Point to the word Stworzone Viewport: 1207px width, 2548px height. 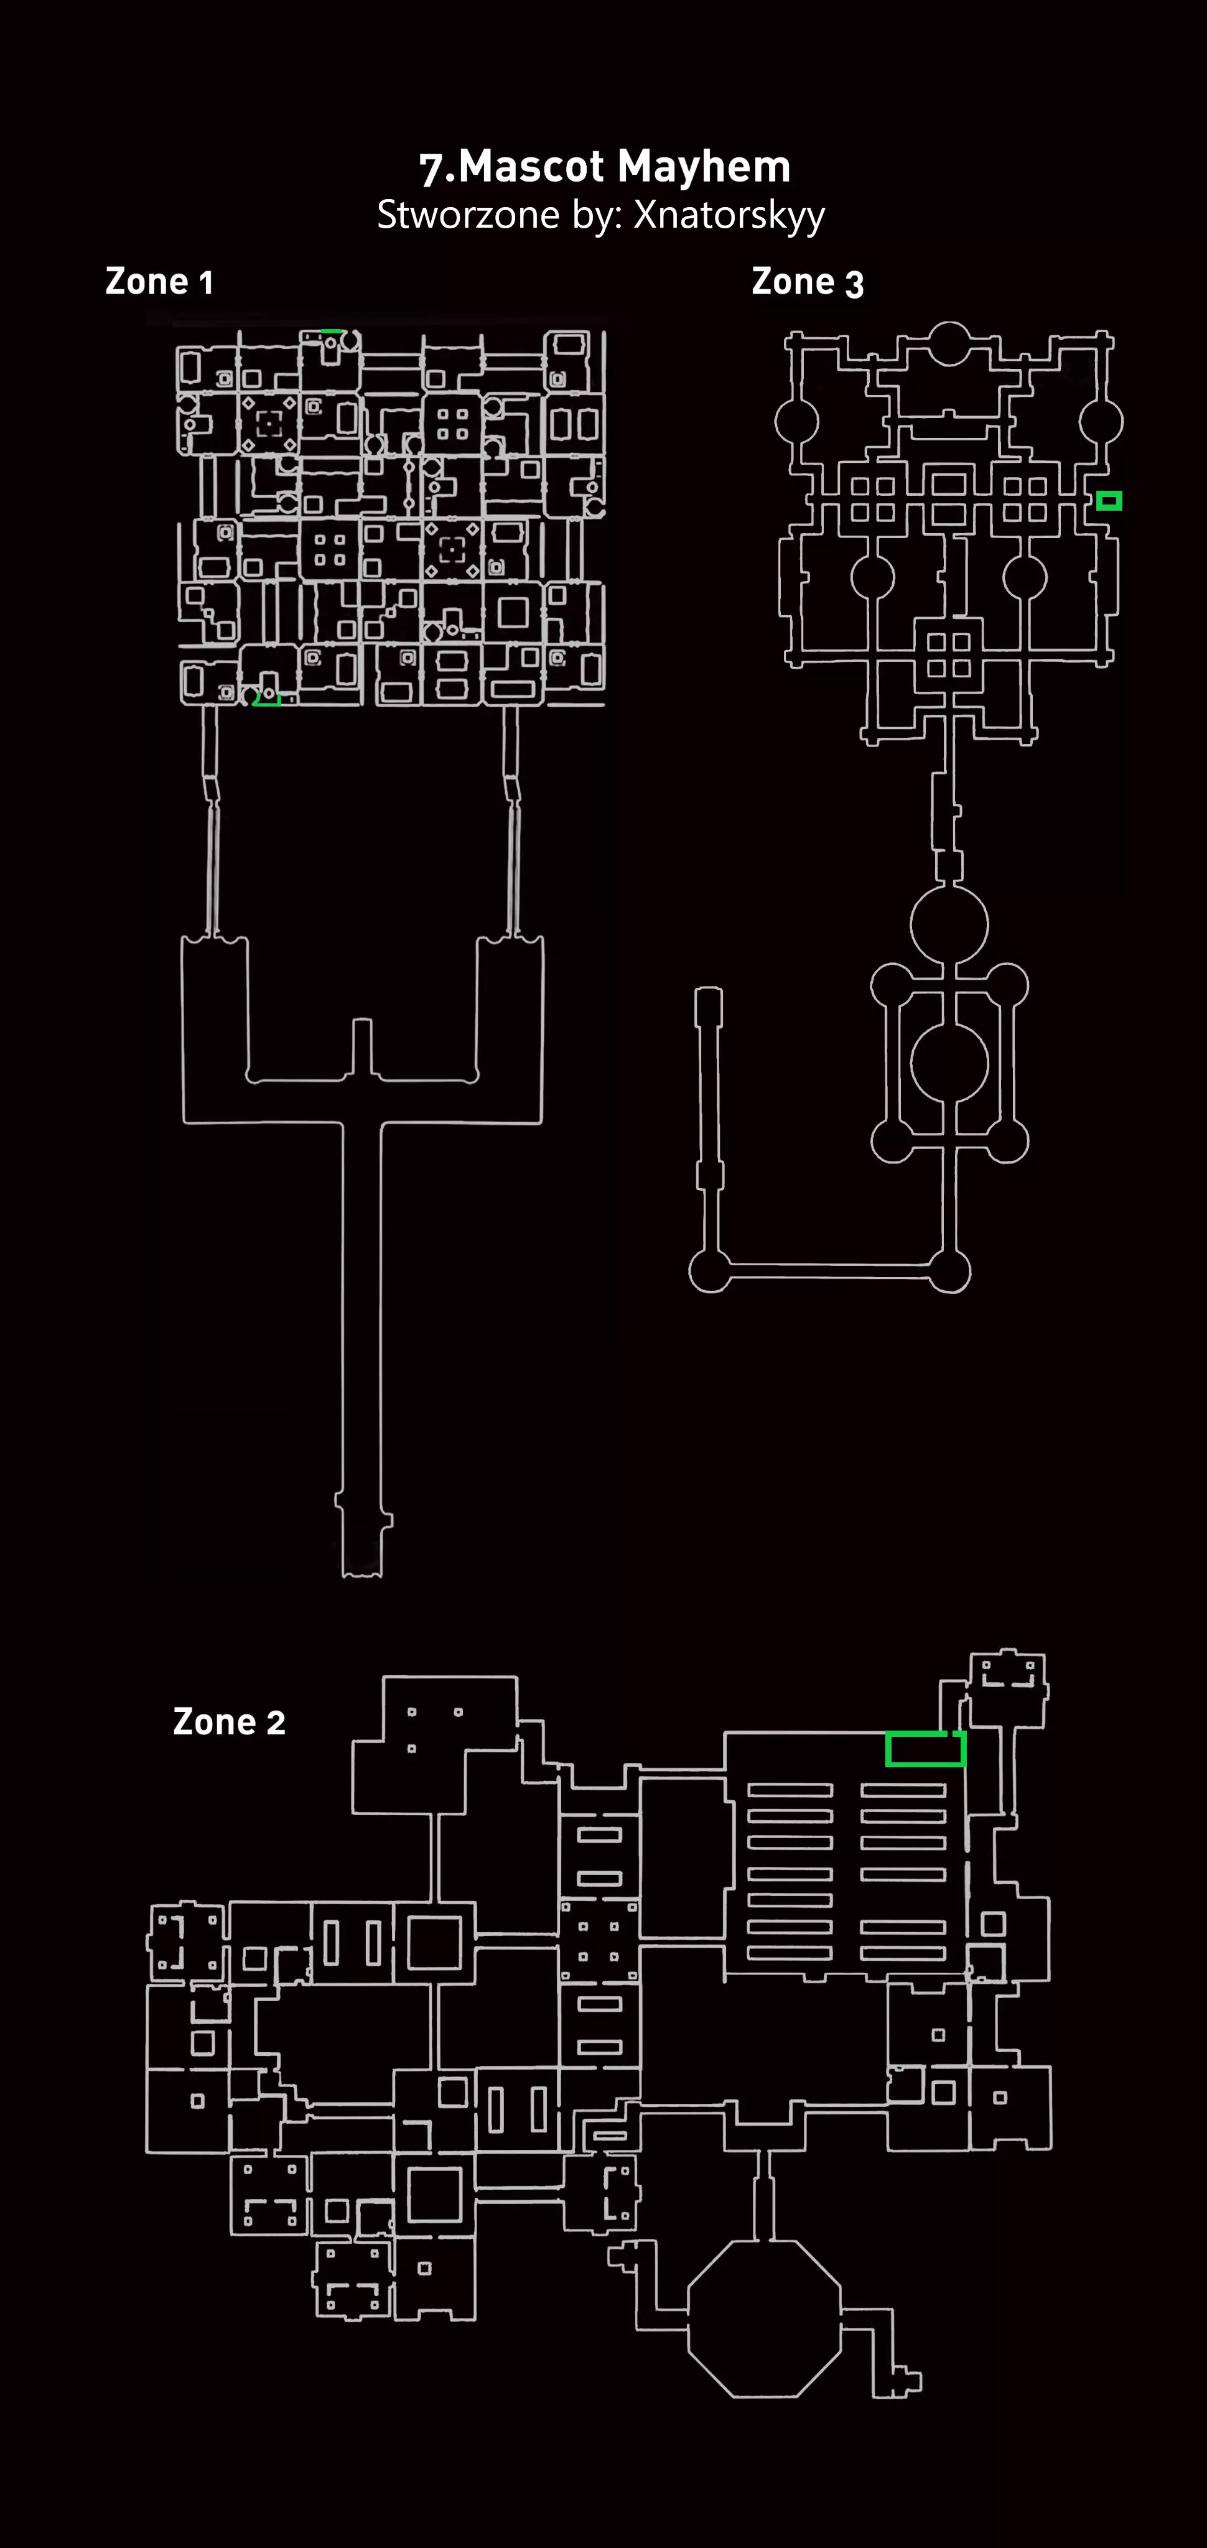click(468, 215)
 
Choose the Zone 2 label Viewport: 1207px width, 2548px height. click(228, 1722)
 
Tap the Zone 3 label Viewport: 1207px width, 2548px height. click(808, 282)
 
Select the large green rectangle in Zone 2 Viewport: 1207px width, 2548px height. click(925, 1749)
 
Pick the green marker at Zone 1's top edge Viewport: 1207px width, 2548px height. click(332, 332)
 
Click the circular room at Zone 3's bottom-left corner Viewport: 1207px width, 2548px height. click(709, 1271)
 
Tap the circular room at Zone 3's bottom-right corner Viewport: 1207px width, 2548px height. click(950, 1271)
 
